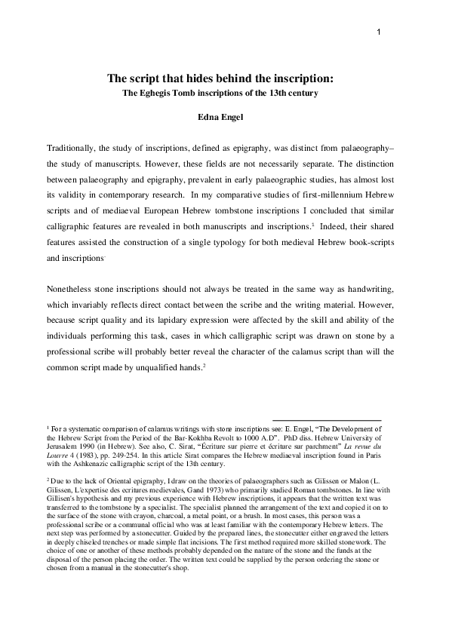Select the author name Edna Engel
223,117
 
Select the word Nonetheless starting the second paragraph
75,291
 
